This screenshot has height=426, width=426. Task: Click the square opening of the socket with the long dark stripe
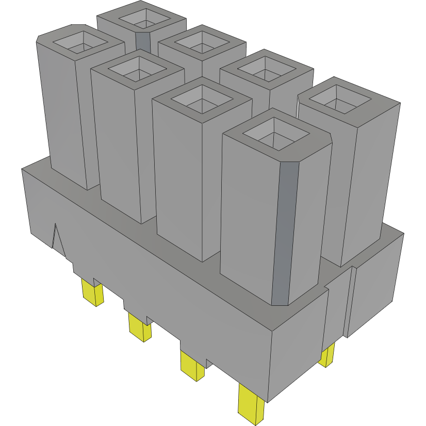[x=275, y=135]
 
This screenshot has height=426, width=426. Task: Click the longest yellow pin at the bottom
[x=251, y=405]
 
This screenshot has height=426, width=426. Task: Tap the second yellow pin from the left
[x=139, y=327]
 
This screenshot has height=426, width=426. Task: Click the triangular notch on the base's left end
[x=57, y=239]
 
